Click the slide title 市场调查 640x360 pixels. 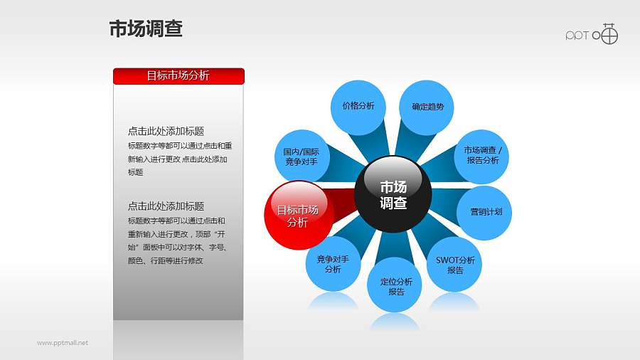(x=146, y=28)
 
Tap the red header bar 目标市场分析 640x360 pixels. (x=178, y=75)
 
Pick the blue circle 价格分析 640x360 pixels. (x=358, y=107)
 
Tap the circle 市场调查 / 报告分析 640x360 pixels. (x=482, y=156)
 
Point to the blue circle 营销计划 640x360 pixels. (x=485, y=212)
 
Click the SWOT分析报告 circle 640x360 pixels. (x=455, y=265)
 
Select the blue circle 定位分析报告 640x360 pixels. (x=396, y=286)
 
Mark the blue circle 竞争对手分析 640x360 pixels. (x=333, y=264)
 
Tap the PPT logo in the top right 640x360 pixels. (x=592, y=34)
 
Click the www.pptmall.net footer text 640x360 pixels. (x=63, y=343)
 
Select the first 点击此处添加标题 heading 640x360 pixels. (x=166, y=131)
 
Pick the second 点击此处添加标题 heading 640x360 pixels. (x=166, y=206)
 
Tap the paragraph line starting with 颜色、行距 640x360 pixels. (x=165, y=260)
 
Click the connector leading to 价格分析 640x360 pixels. (x=374, y=143)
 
